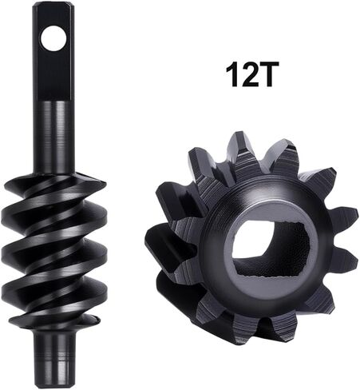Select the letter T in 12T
265,74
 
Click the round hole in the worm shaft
53,38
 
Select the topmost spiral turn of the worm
53,186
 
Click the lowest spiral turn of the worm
53,318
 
